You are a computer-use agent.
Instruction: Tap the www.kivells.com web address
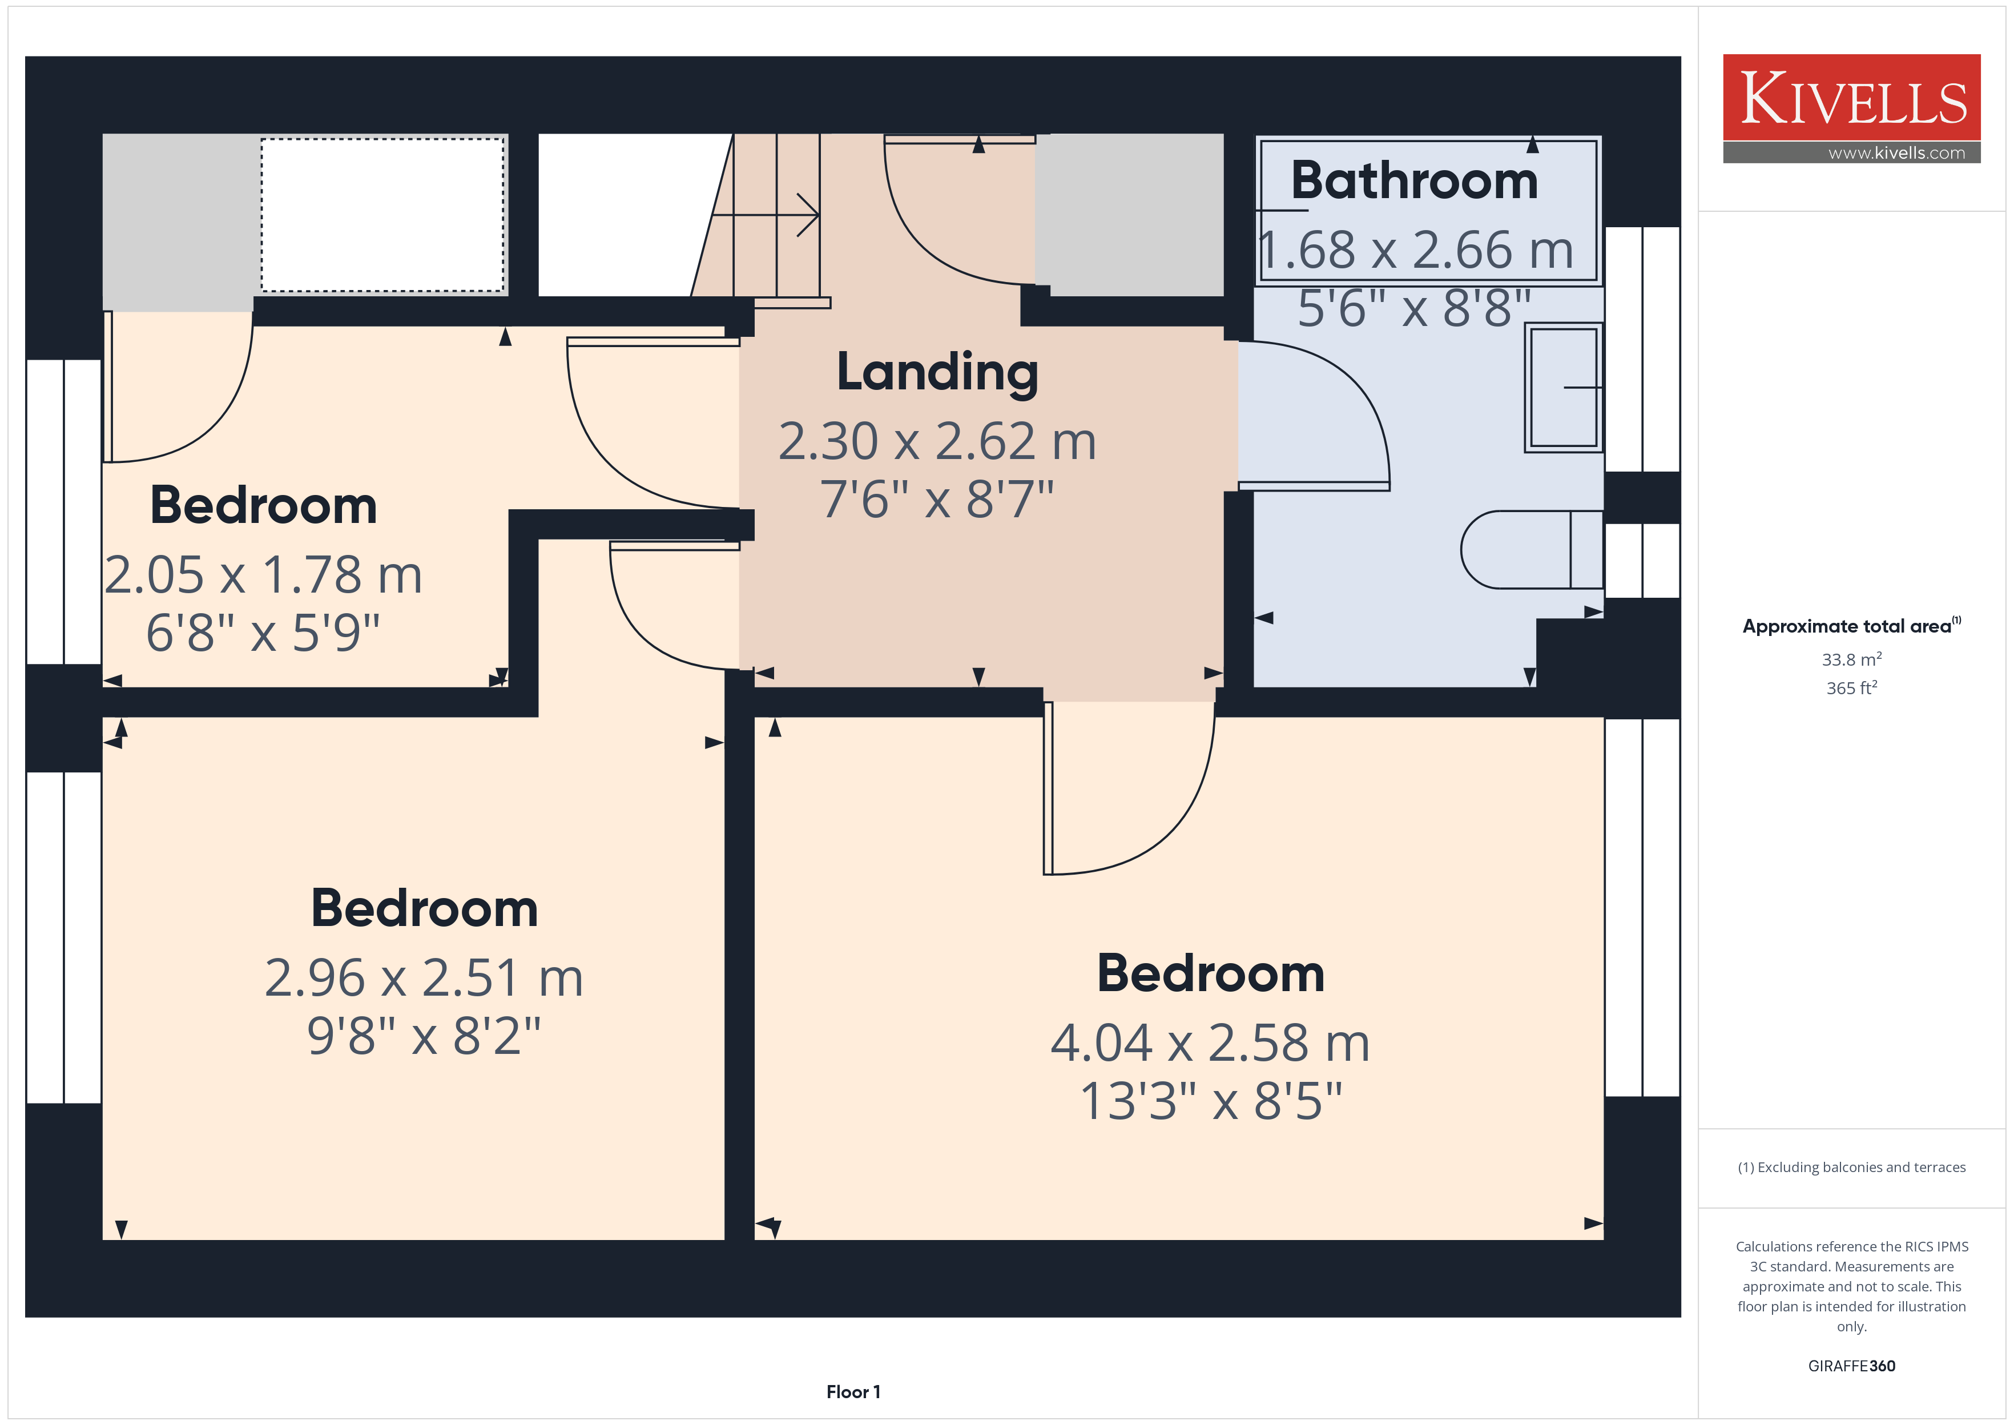coord(1896,152)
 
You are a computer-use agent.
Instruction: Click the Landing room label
coord(937,373)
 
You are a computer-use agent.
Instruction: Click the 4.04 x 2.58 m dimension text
coord(1210,1043)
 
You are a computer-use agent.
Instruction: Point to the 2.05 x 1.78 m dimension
coord(263,575)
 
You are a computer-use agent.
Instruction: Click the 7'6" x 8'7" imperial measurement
coord(937,500)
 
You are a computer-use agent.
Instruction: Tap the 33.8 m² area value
coord(1852,659)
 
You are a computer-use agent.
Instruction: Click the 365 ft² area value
coord(1852,688)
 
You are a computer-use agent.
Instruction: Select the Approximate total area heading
coord(1851,626)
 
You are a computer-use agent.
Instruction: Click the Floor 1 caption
coord(853,1392)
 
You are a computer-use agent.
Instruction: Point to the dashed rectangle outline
coord(382,139)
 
